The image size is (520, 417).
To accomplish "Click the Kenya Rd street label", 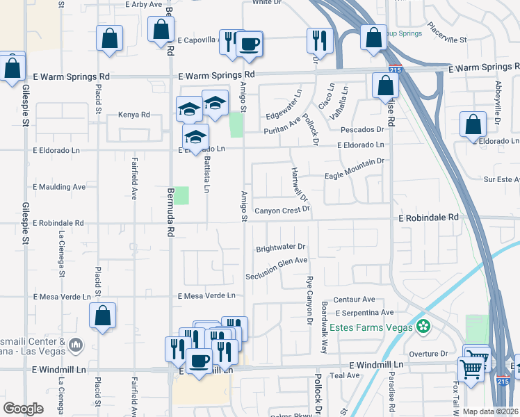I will [134, 115].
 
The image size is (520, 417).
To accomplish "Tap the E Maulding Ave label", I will [59, 187].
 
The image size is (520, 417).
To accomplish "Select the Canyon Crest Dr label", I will [281, 211].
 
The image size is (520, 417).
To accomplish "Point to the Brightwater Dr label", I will [281, 247].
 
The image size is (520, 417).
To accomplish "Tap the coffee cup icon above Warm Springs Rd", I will [250, 44].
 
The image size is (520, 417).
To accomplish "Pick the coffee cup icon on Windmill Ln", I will [200, 361].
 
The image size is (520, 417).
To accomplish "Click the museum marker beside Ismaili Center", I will [76, 344].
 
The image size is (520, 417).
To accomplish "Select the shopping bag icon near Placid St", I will [102, 316].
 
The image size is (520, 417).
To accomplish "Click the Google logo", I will [23, 409].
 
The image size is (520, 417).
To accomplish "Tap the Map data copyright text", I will [490, 411].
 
